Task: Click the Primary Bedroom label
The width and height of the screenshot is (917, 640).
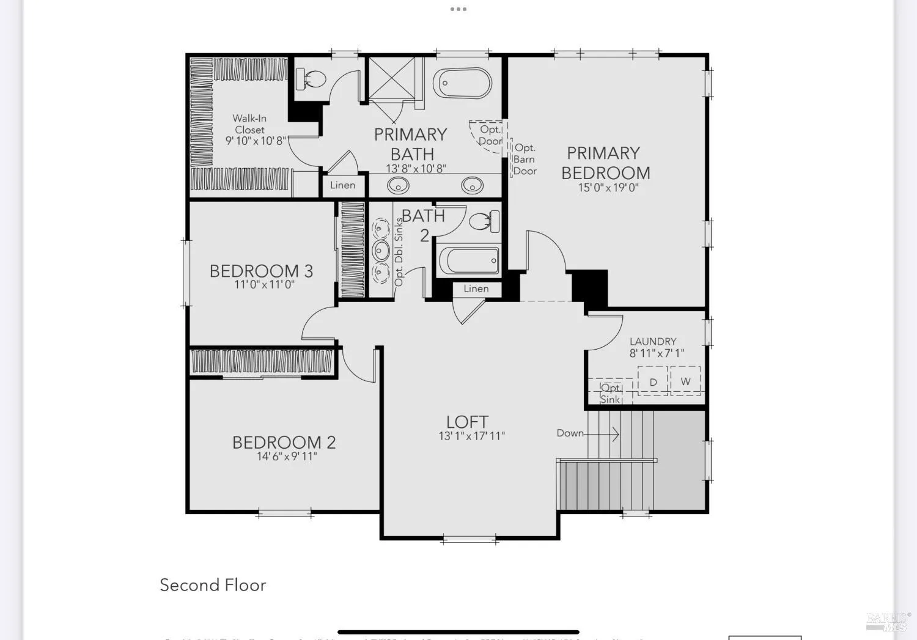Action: tap(605, 163)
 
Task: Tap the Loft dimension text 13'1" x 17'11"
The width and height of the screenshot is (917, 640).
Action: tap(471, 436)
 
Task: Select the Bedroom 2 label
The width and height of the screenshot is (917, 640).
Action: tap(284, 442)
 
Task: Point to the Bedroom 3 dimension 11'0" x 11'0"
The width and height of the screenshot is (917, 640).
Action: tap(264, 285)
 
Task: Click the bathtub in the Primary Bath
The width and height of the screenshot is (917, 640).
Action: tap(462, 83)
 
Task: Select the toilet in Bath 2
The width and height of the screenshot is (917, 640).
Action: tap(485, 221)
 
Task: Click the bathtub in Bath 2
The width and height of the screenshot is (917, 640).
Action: tap(469, 261)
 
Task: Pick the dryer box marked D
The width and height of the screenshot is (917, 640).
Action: tap(653, 381)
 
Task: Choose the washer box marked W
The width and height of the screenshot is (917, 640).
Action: tap(685, 381)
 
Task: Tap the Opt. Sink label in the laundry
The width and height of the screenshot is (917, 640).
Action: tap(611, 394)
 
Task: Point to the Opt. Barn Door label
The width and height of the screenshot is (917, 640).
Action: tap(525, 159)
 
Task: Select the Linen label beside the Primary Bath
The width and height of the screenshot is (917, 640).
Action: tap(342, 185)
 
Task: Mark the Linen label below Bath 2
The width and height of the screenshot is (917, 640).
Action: tap(476, 289)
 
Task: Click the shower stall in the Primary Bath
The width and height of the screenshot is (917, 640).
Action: tap(391, 78)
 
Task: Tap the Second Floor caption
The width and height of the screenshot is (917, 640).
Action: tap(213, 585)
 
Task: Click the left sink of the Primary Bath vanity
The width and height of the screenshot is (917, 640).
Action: tap(399, 184)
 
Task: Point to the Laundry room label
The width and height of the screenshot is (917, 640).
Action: tap(653, 341)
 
